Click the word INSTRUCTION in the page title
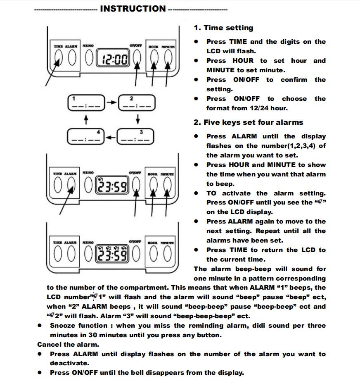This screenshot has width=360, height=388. tap(133, 9)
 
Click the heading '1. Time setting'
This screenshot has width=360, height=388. tap(223, 28)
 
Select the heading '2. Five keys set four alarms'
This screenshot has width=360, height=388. tap(248, 122)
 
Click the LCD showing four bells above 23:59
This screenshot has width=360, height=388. tap(112, 253)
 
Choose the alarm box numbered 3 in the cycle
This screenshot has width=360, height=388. tap(135, 137)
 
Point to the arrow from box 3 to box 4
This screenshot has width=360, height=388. tap(111, 137)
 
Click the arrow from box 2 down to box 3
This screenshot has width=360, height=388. tap(137, 119)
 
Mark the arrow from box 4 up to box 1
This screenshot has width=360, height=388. tap(86, 120)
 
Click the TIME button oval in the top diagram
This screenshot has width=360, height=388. tap(58, 58)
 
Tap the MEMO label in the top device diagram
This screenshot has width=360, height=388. tap(88, 45)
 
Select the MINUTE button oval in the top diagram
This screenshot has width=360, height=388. tap(167, 58)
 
